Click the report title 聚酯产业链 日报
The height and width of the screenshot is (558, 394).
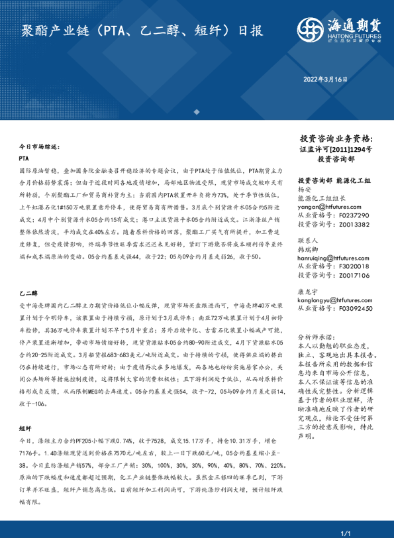point(142,30)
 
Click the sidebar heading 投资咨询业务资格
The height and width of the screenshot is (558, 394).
point(336,139)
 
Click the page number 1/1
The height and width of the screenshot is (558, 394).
point(344,533)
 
